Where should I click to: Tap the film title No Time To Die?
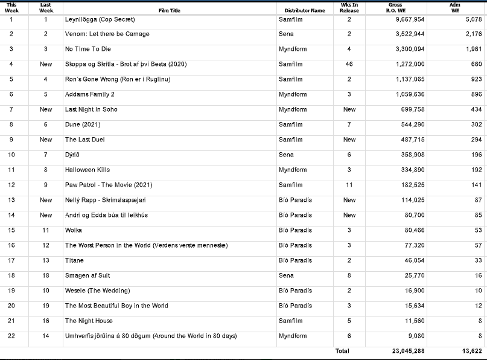coord(88,49)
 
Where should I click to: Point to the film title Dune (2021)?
coord(83,124)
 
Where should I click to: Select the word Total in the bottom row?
coord(342,351)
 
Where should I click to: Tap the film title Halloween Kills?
coord(87,170)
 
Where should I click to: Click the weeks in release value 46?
coord(349,64)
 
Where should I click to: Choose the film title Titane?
coord(74,260)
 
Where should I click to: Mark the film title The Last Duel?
coord(84,140)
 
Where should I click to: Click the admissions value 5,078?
coord(474,19)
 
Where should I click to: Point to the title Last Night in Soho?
coord(91,109)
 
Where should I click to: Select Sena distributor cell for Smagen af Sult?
coord(286,275)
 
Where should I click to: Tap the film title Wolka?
coord(73,230)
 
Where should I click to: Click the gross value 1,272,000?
coord(410,64)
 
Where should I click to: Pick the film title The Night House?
coord(89,321)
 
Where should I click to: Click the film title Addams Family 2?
coord(89,94)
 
